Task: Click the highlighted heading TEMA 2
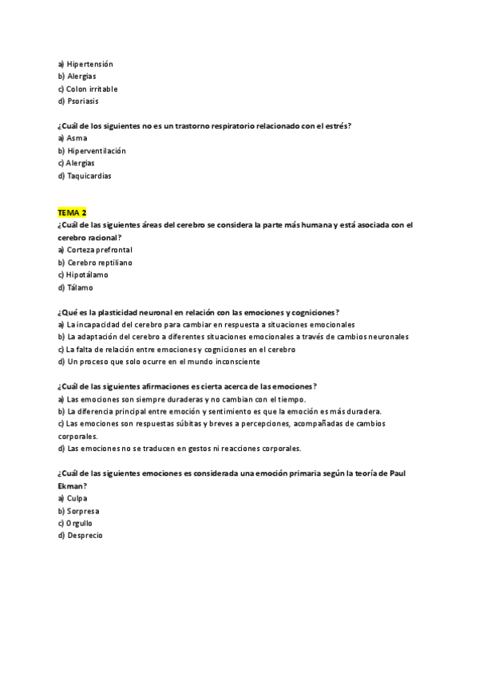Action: click(x=72, y=212)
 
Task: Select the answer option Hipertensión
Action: click(x=90, y=64)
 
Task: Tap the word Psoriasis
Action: click(x=83, y=101)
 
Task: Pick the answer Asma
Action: click(x=77, y=138)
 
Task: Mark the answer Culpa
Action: click(x=77, y=498)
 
